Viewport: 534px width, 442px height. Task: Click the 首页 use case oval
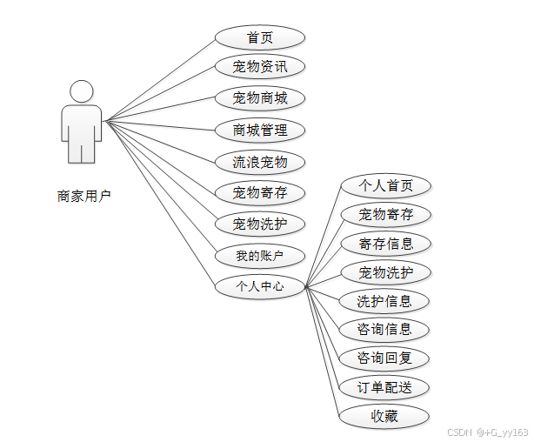click(260, 37)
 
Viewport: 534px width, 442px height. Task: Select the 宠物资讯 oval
click(260, 66)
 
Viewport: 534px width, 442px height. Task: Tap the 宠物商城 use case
click(260, 97)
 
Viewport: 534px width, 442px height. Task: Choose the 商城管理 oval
click(260, 130)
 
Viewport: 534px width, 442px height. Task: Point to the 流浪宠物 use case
click(260, 162)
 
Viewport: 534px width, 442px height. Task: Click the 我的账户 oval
click(260, 256)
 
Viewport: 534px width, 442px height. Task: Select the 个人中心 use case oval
click(260, 285)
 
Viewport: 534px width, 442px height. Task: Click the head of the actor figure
click(82, 91)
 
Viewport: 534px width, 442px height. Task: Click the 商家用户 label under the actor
click(83, 196)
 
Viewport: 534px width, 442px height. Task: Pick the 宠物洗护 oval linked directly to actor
click(260, 224)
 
